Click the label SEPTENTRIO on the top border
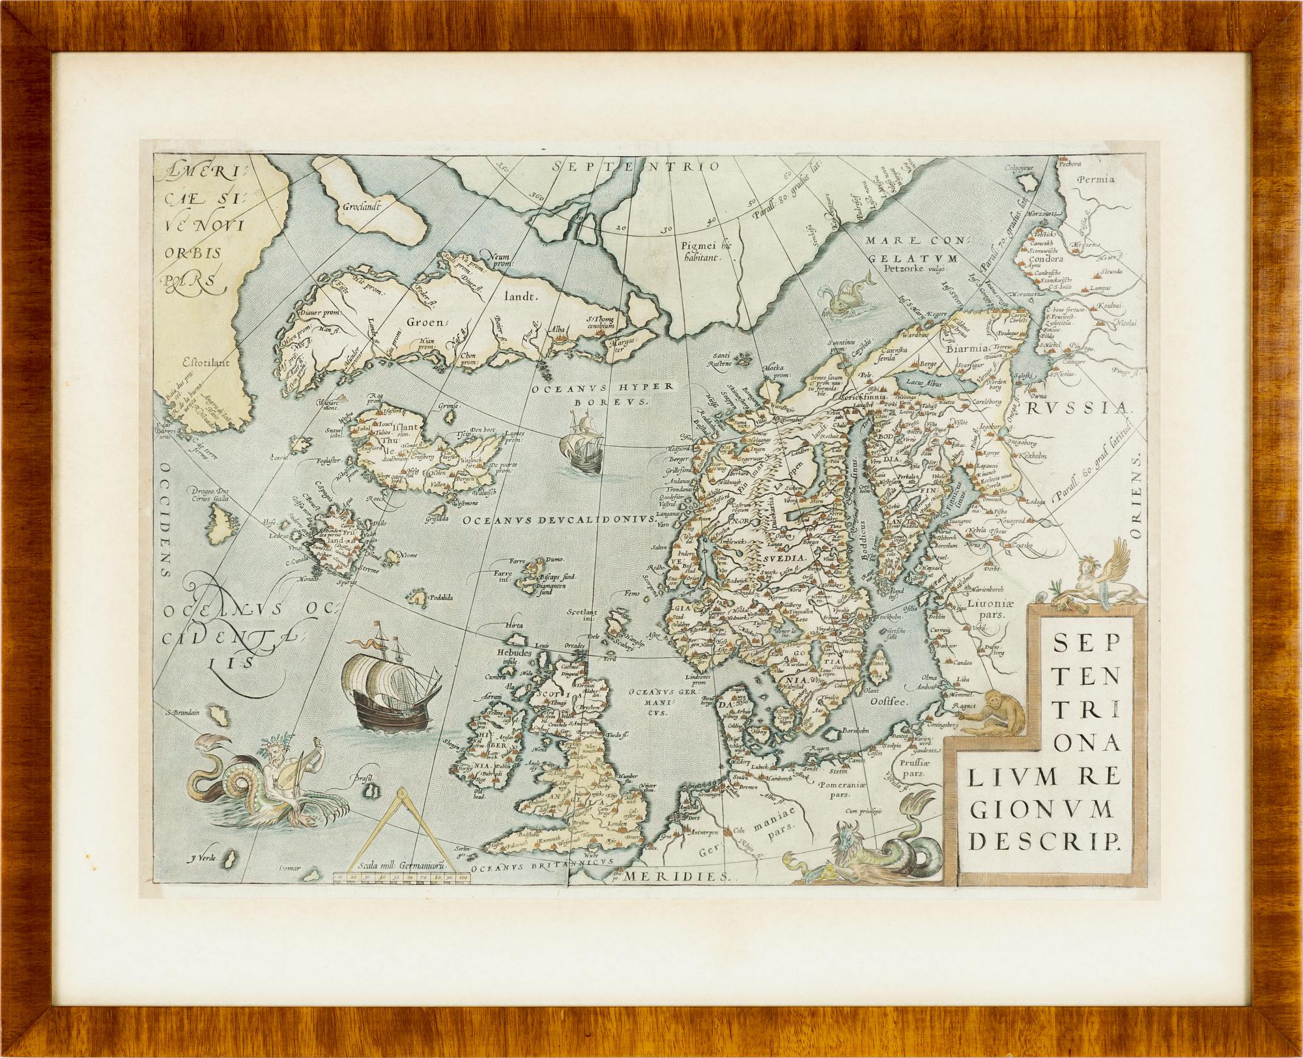[x=635, y=167]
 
